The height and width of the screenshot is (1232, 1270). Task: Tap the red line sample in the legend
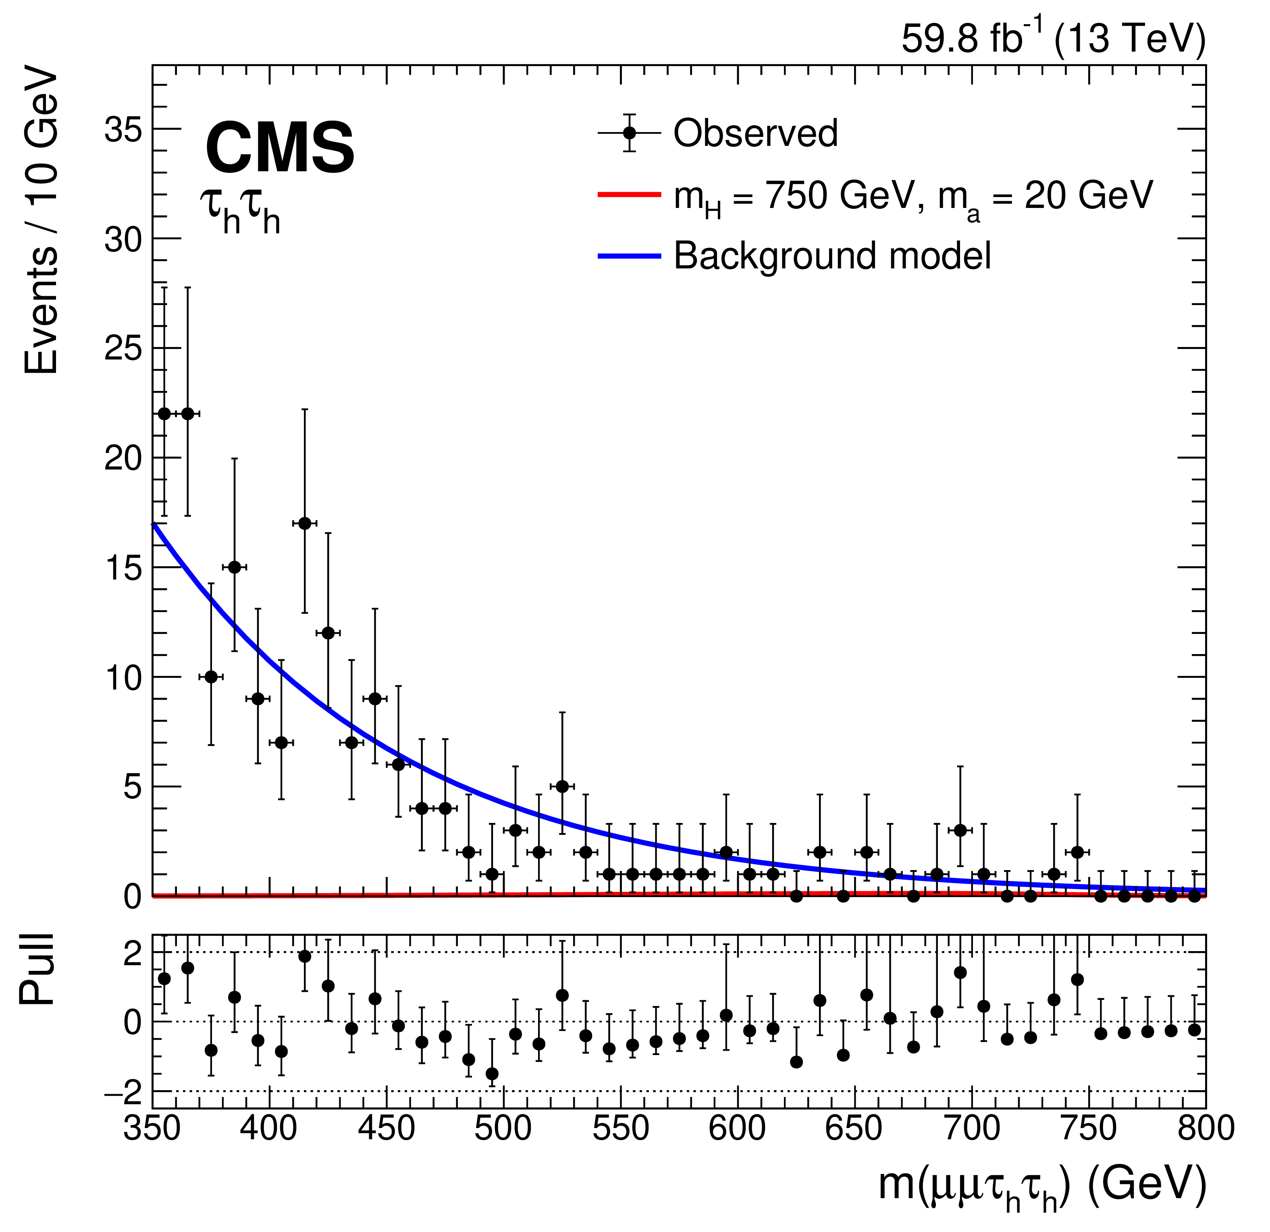[x=628, y=194]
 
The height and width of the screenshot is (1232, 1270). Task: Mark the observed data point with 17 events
[x=305, y=524]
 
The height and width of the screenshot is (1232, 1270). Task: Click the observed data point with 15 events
[x=235, y=567]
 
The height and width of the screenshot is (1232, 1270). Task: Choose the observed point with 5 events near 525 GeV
[x=562, y=786]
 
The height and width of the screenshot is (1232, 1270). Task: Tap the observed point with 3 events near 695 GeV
[x=960, y=831]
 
